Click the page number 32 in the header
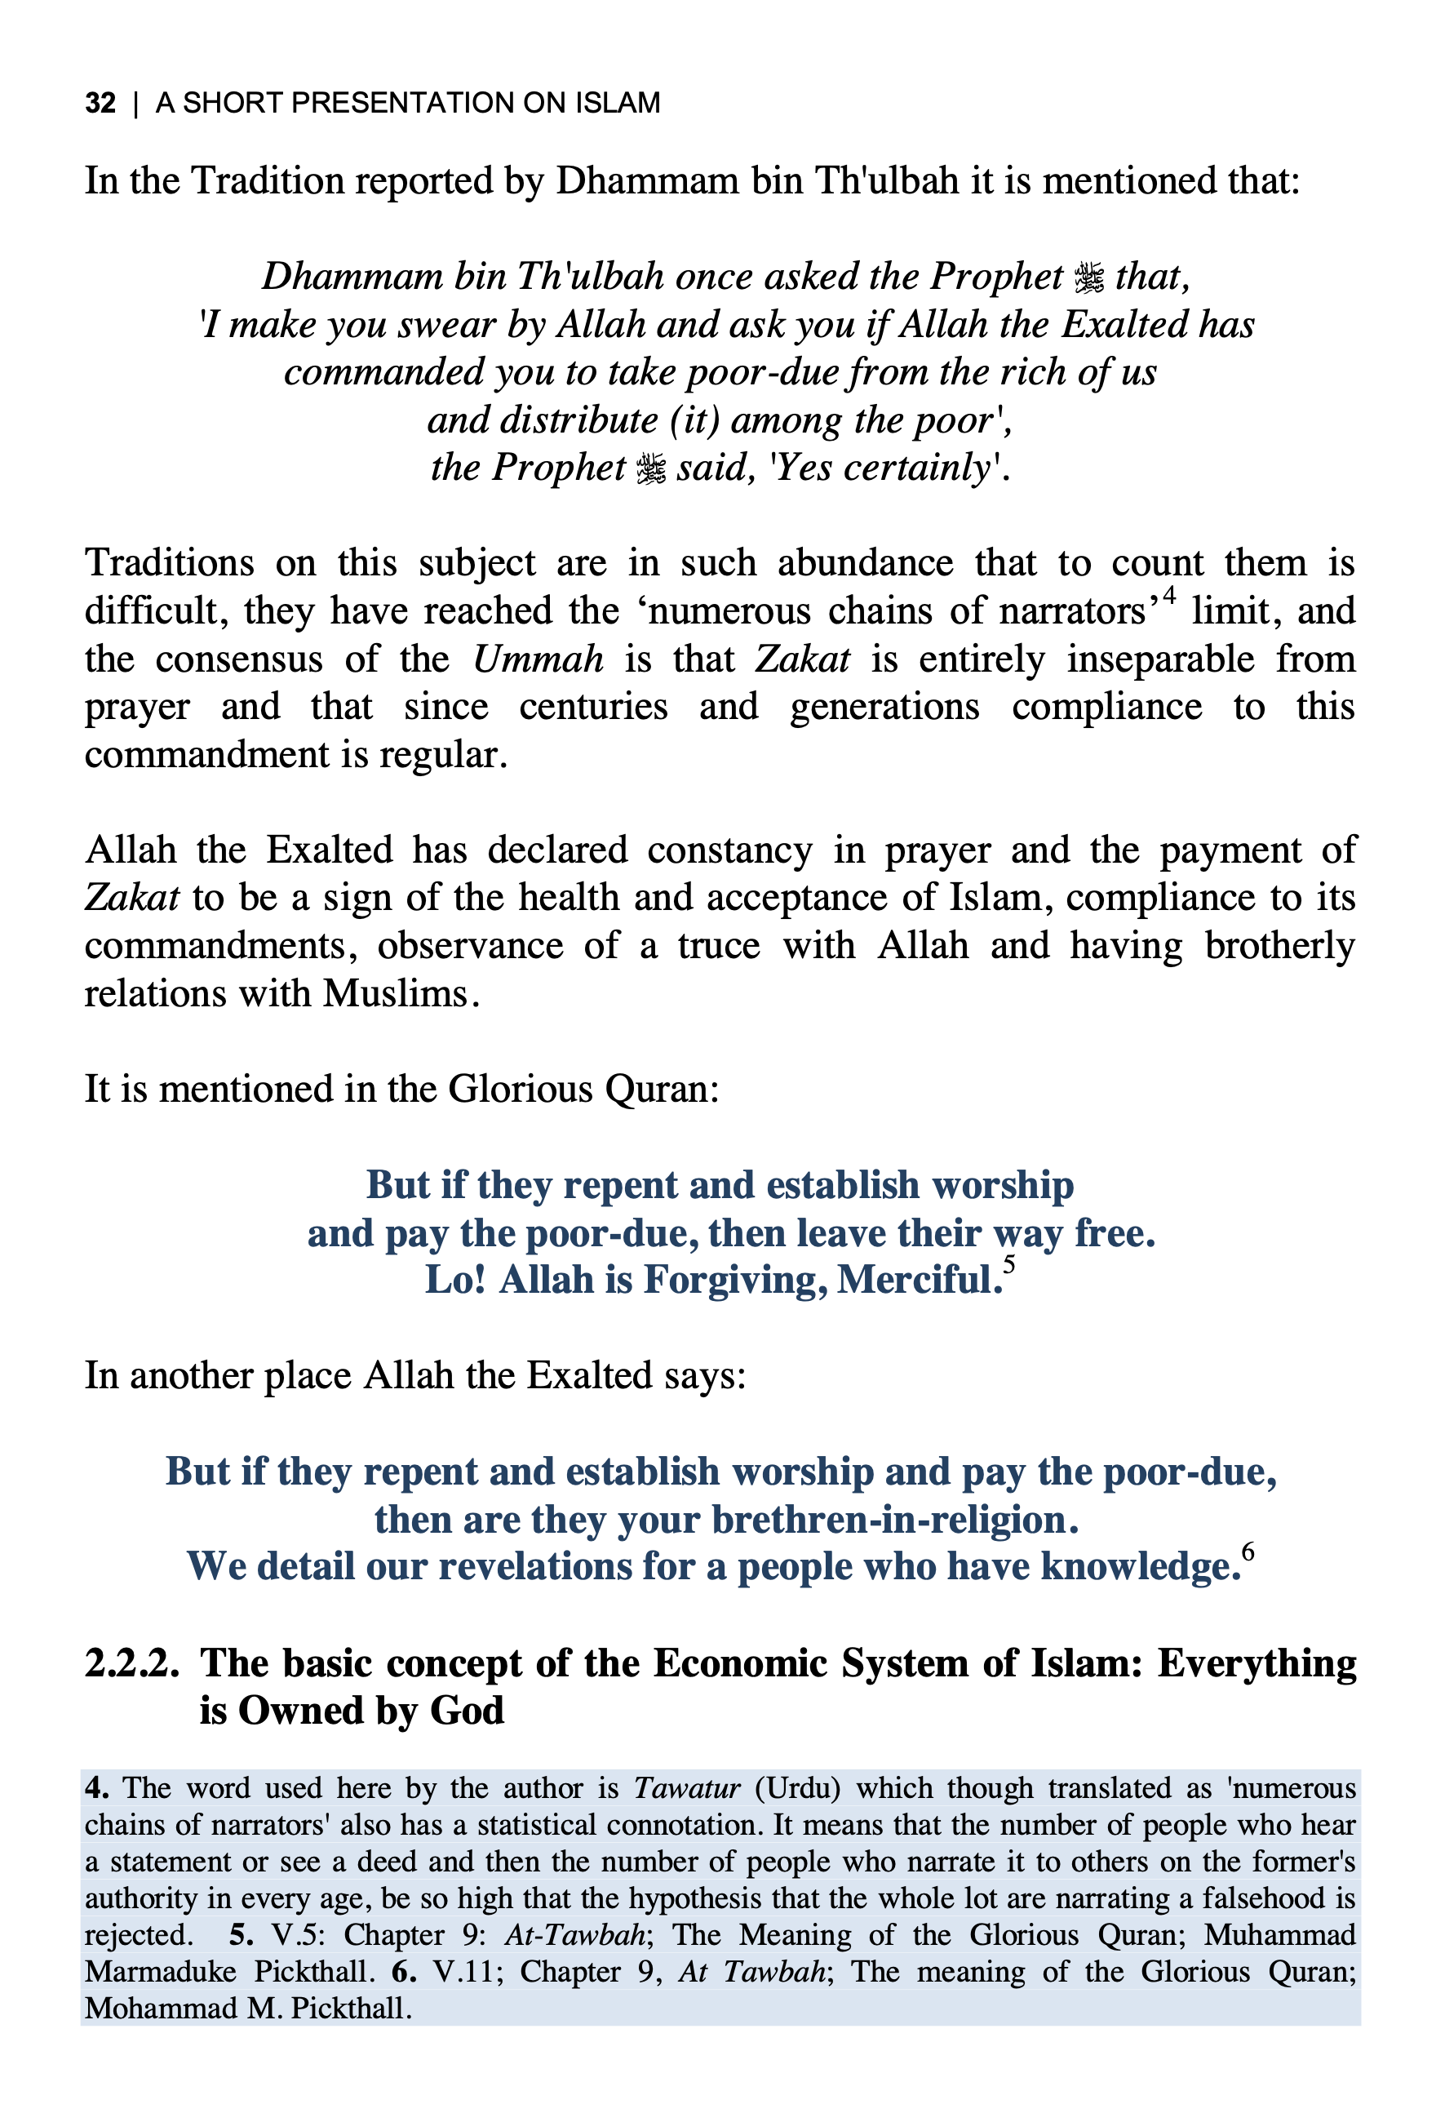pyautogui.click(x=100, y=102)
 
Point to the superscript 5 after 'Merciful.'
pyautogui.click(x=1008, y=1263)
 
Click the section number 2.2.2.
pyautogui.click(x=131, y=1663)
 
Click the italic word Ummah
pyautogui.click(x=538, y=659)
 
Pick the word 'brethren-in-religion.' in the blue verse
pyautogui.click(x=895, y=1520)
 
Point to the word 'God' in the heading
pyautogui.click(x=467, y=1710)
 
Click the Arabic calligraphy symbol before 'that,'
pyautogui.click(x=1089, y=277)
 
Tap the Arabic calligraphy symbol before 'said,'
pyautogui.click(x=650, y=468)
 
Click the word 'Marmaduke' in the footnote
pyautogui.click(x=161, y=1970)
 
